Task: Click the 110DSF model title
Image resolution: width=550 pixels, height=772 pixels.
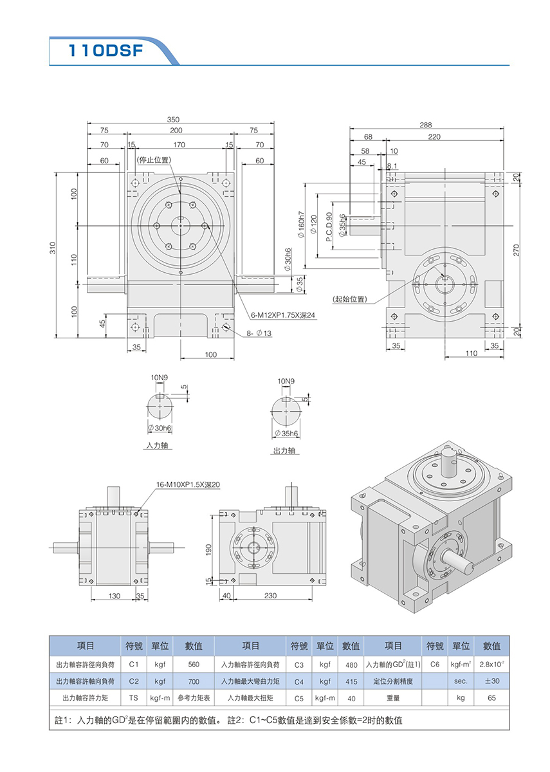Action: tap(106, 51)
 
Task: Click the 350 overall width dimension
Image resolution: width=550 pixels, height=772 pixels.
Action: tap(174, 120)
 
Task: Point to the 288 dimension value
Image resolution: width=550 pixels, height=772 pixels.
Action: tap(426, 125)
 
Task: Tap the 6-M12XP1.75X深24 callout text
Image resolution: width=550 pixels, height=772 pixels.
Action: tap(283, 315)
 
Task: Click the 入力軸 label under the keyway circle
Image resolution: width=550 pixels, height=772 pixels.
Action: tap(156, 445)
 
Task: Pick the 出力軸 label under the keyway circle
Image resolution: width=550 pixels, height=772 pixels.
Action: tap(283, 451)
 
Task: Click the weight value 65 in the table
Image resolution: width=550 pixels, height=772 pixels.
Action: tap(491, 697)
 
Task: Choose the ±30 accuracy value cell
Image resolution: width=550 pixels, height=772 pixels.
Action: tap(491, 681)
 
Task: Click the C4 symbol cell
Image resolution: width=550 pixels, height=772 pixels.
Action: tap(298, 681)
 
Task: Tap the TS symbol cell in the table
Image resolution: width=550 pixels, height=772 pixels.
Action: tap(134, 697)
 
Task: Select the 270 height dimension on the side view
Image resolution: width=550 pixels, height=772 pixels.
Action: tap(516, 251)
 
